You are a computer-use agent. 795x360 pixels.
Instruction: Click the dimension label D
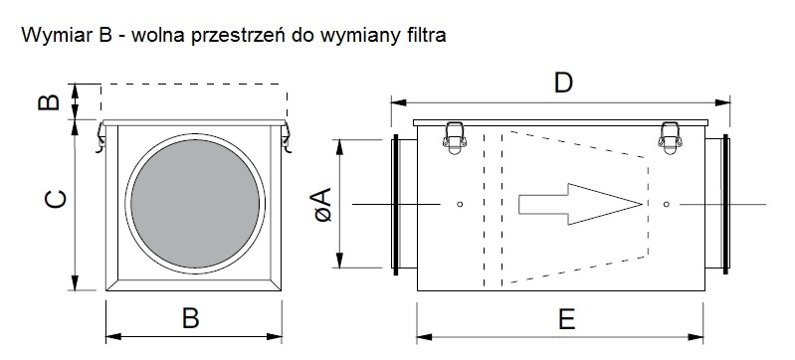coord(563,83)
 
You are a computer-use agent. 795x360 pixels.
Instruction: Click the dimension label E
coord(566,319)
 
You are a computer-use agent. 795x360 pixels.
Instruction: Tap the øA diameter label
coord(322,204)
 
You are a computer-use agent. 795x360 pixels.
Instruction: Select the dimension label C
coord(56,199)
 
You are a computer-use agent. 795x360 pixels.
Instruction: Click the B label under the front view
coord(191,318)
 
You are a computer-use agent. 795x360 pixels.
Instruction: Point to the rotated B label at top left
coord(49,102)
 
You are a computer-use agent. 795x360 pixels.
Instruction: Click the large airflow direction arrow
coord(580,204)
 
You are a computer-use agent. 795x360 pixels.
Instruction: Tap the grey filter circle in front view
coord(195,204)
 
